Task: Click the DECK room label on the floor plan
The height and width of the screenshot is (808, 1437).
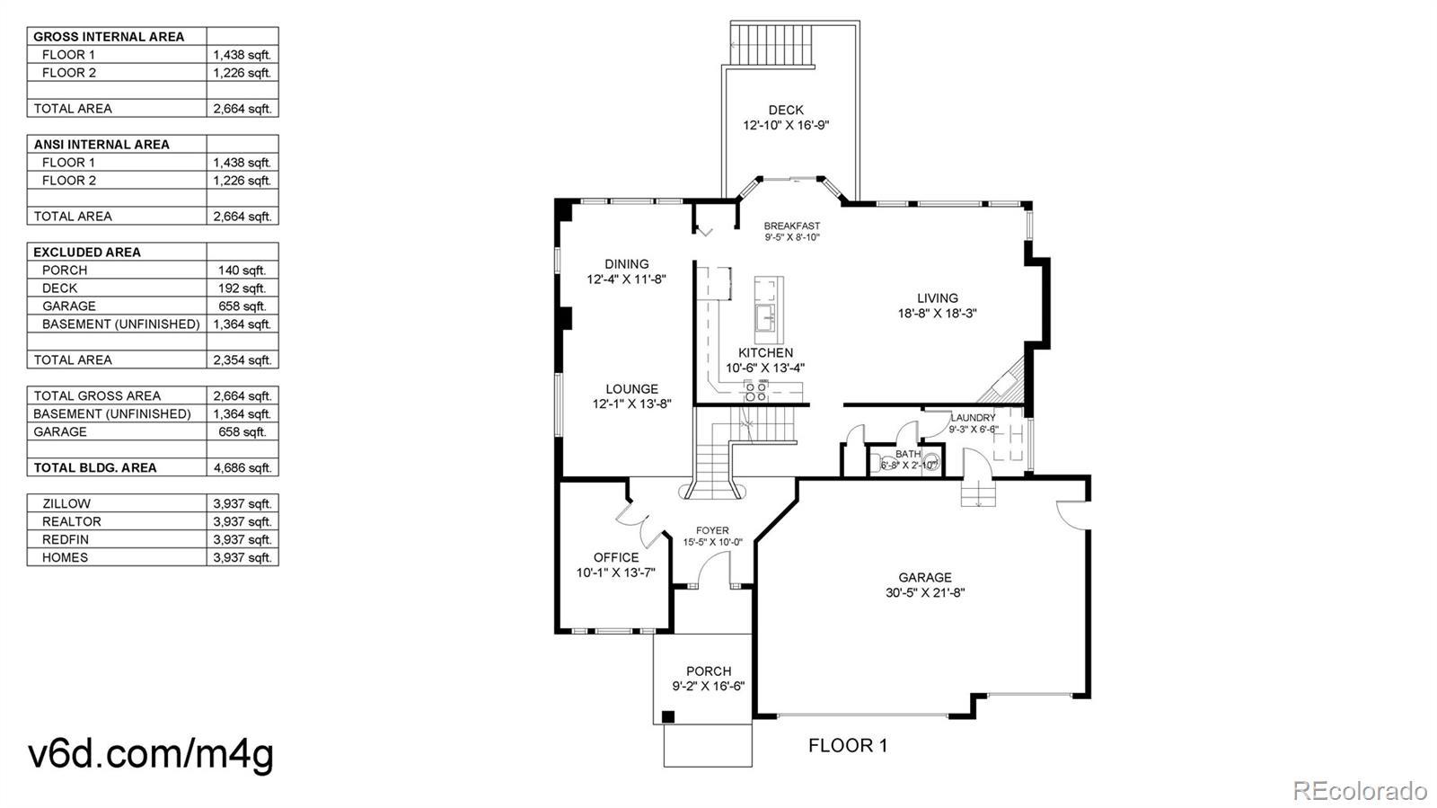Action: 786,110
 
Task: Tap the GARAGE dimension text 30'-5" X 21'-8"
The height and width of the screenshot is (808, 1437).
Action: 925,593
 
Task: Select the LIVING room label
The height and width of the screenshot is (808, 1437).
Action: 938,297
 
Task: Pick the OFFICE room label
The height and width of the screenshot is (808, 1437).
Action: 616,557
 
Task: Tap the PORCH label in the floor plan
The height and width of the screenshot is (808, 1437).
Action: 709,671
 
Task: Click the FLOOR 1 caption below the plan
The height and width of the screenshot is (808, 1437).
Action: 848,746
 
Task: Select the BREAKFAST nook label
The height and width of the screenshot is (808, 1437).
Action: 791,226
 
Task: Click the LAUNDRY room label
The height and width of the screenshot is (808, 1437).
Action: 973,418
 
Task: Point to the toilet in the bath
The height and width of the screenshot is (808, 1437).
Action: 931,461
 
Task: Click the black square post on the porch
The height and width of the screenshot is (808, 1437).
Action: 668,717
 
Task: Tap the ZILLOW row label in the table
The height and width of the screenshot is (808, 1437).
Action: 66,504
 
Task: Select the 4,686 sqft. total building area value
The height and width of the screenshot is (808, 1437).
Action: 242,468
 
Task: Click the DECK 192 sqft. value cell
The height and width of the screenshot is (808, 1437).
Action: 242,289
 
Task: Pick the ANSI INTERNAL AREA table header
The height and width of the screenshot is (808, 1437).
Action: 101,145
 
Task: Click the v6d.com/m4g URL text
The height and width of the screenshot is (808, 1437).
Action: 152,753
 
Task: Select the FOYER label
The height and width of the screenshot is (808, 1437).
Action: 712,531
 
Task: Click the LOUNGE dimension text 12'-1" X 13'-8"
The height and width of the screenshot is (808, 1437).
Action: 632,404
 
